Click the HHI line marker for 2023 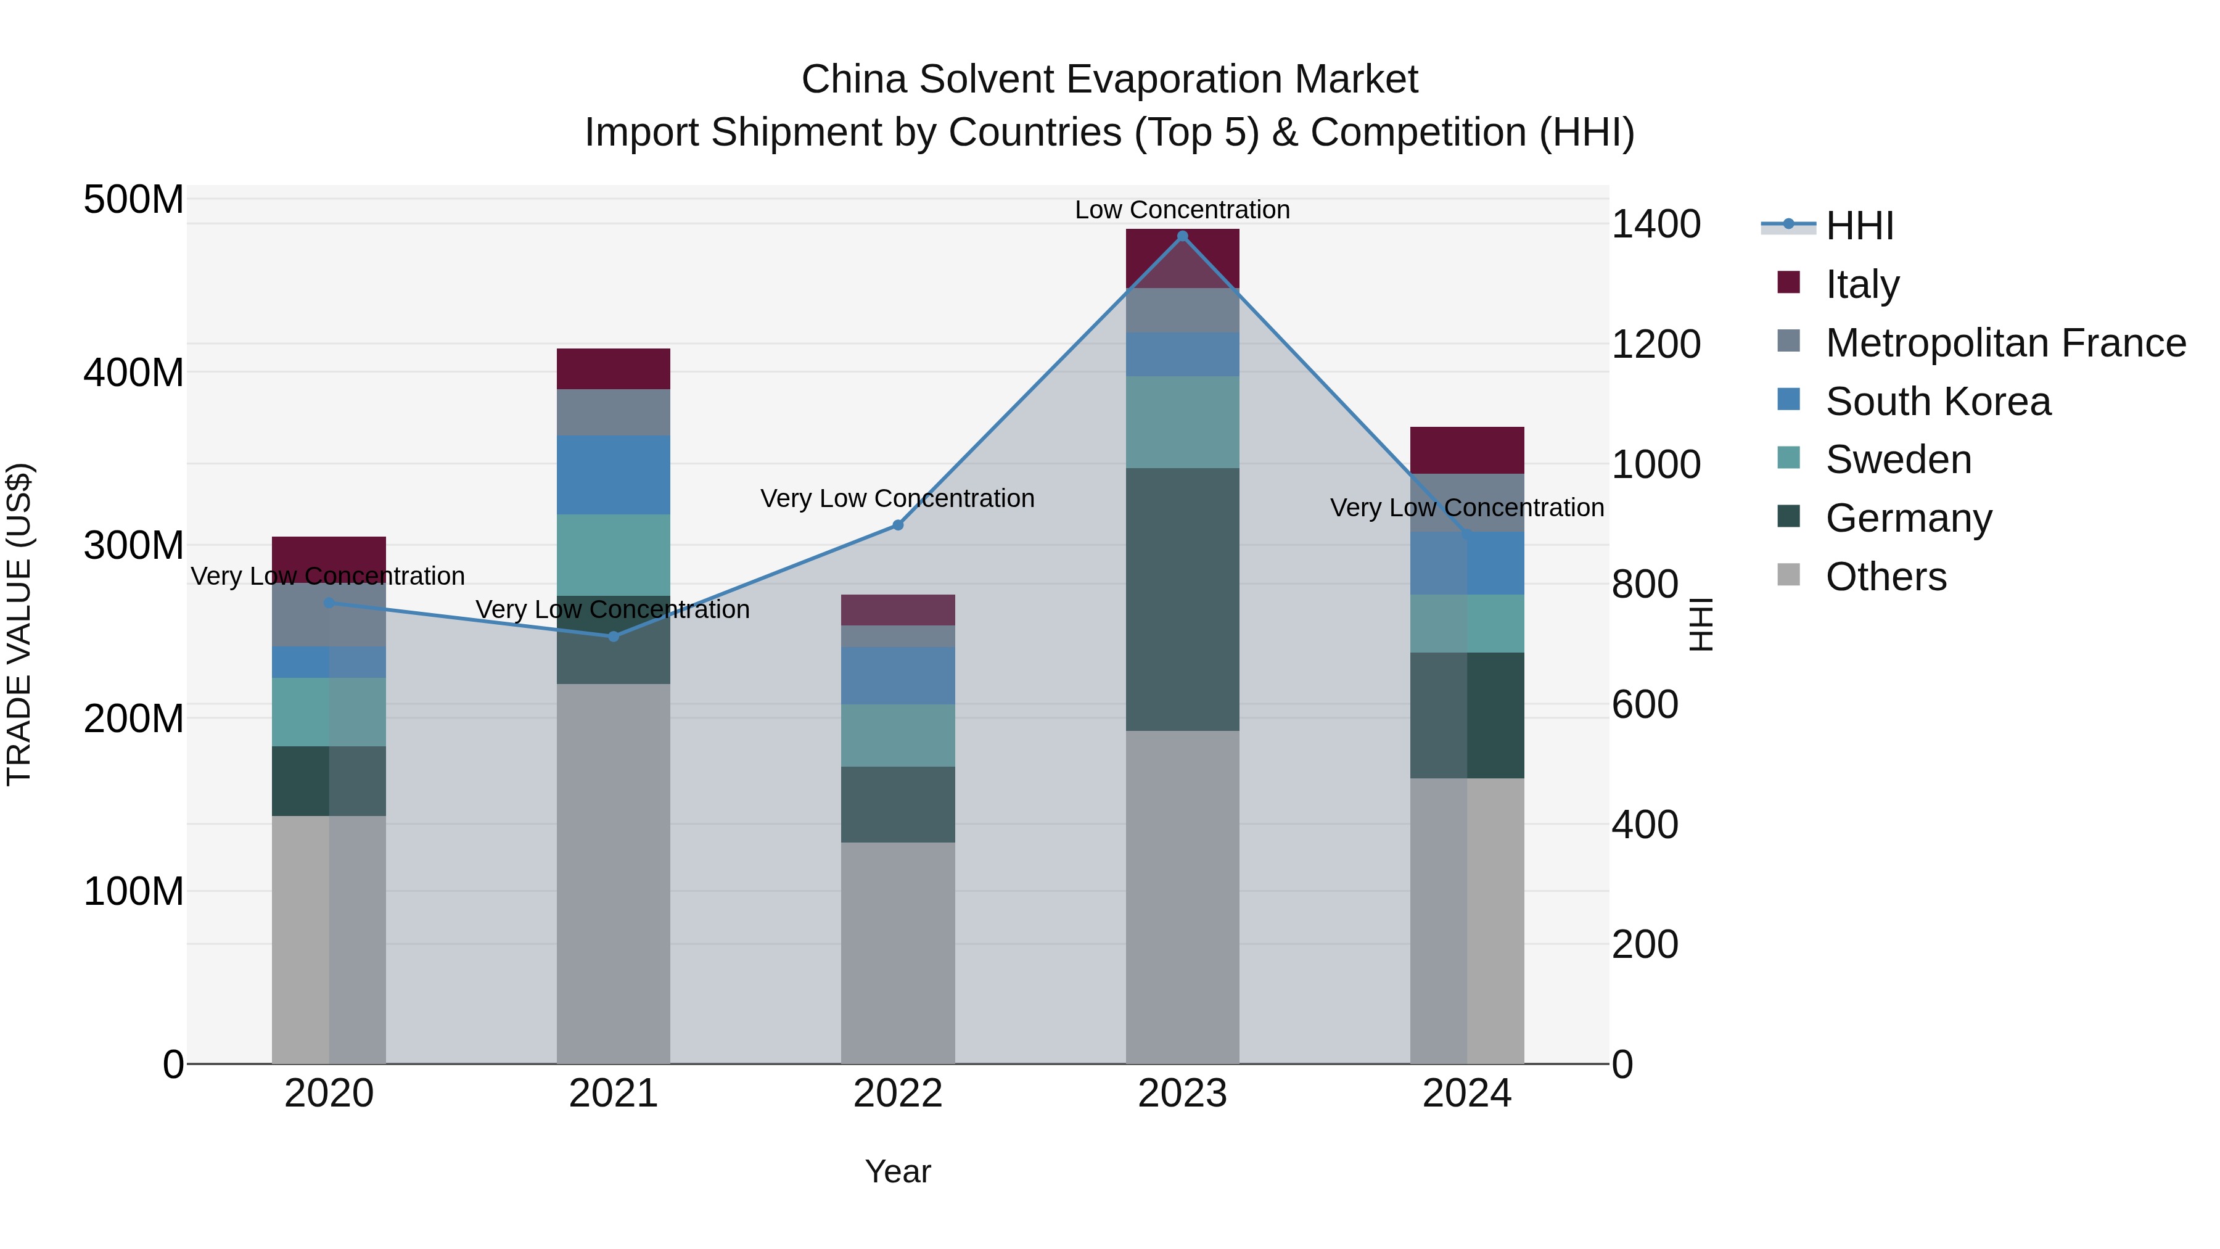click(1182, 236)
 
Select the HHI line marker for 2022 click(898, 525)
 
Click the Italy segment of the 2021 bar click(614, 369)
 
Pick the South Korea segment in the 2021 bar click(614, 475)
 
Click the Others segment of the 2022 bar click(898, 952)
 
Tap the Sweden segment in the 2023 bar click(1182, 423)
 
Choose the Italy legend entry click(1862, 284)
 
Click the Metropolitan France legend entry click(2005, 343)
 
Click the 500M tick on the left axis click(134, 200)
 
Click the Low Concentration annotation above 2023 click(1182, 210)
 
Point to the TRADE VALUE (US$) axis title click(20, 624)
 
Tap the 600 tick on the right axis click(1644, 705)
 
